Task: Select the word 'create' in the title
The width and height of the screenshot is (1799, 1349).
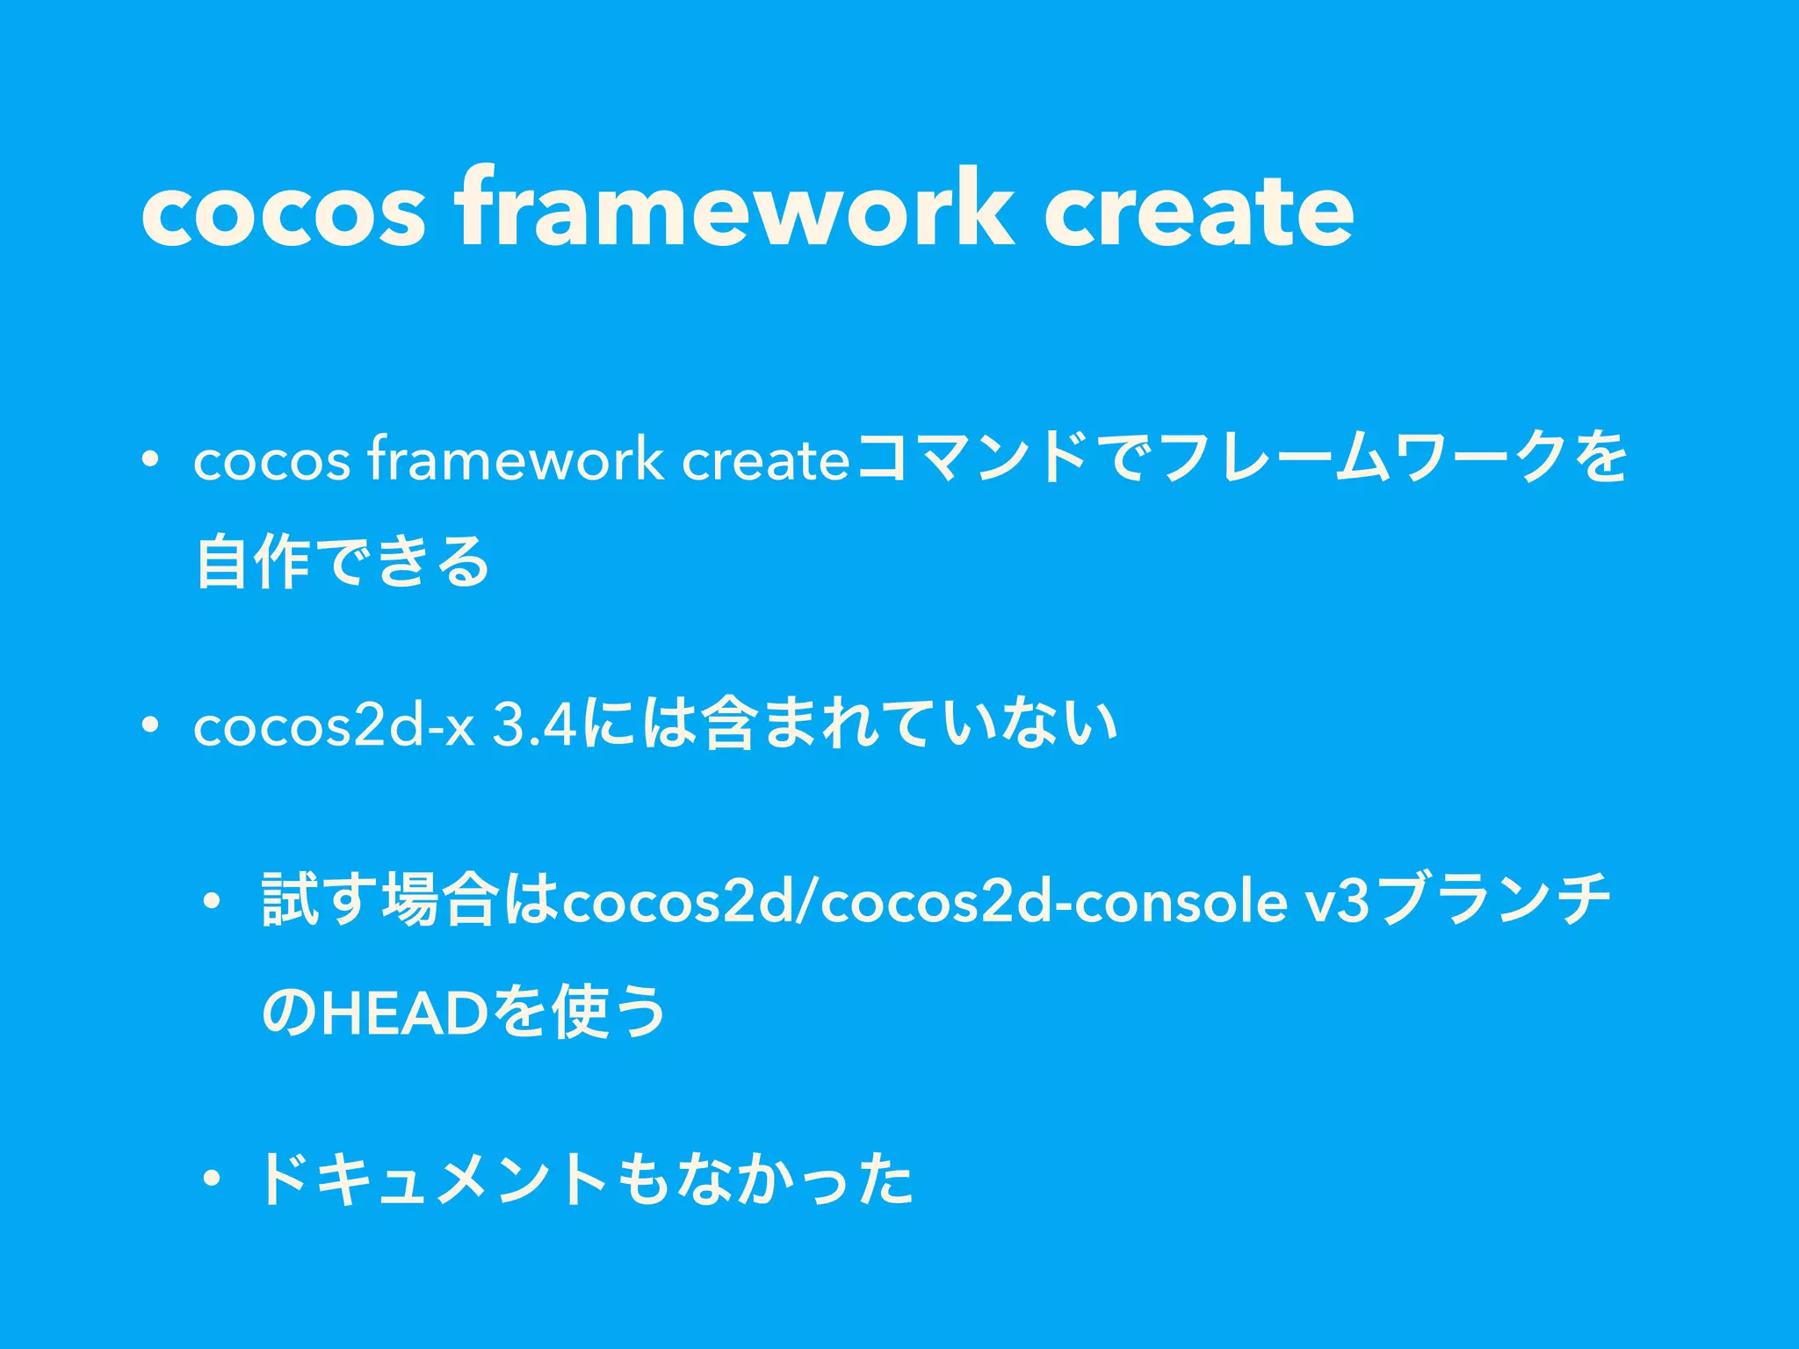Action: pyautogui.click(x=1198, y=211)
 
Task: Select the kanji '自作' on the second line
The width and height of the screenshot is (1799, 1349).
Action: pyautogui.click(x=253, y=563)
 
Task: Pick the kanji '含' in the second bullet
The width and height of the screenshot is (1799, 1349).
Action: pyautogui.click(x=729, y=725)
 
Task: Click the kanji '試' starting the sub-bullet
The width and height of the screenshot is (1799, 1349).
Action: pyautogui.click(x=290, y=900)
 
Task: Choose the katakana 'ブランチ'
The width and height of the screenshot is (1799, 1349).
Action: pyautogui.click(x=1493, y=900)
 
